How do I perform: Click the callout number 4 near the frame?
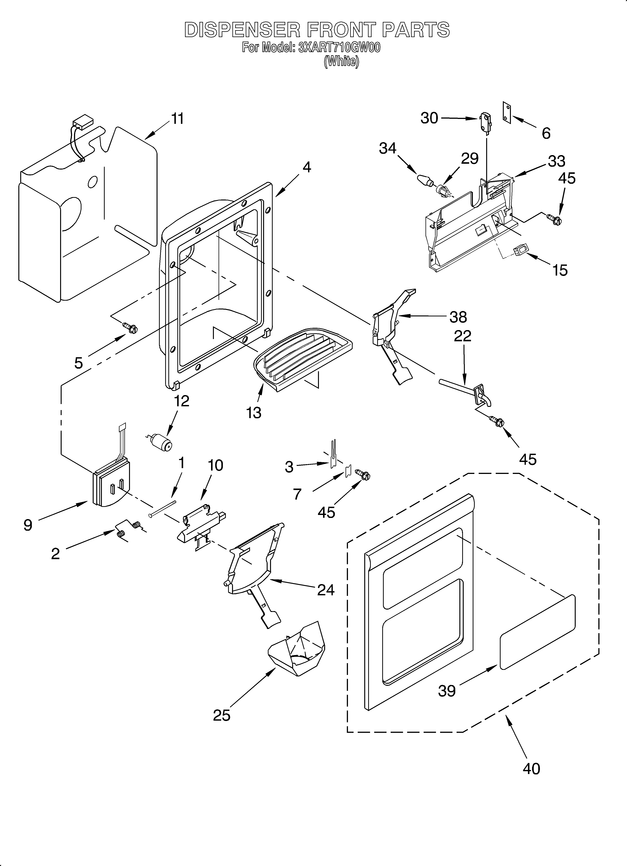307,167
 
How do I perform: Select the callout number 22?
462,336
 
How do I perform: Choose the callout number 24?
326,590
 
